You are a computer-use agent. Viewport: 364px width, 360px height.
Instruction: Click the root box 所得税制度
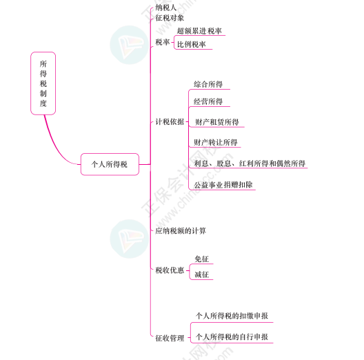click(43, 83)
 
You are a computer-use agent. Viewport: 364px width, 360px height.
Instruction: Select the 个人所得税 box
click(110, 164)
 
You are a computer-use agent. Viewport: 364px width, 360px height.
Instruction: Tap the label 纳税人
click(165, 8)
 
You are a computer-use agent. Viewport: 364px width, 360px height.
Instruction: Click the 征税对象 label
click(170, 18)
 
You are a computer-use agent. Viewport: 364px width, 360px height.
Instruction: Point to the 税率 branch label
click(163, 42)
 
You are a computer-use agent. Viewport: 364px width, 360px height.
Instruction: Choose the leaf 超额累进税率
click(199, 31)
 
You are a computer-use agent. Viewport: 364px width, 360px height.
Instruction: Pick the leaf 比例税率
click(192, 44)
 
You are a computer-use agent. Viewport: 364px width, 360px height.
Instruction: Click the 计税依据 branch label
click(170, 121)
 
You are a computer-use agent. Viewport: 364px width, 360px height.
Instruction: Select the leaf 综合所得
click(208, 84)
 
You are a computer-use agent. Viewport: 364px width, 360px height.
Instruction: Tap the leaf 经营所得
click(208, 101)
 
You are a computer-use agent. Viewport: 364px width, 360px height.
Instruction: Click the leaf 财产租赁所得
click(217, 122)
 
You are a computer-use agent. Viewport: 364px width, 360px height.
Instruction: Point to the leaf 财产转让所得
click(216, 142)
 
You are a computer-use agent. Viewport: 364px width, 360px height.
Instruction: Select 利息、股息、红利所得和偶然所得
click(250, 163)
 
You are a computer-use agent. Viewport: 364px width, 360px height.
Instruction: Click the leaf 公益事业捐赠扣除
click(223, 185)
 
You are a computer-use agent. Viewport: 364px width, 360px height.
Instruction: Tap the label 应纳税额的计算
click(181, 231)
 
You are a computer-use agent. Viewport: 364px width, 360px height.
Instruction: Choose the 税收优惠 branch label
click(170, 270)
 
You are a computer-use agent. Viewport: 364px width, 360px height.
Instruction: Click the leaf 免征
click(202, 259)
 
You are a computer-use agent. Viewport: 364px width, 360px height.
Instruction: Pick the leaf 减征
click(202, 274)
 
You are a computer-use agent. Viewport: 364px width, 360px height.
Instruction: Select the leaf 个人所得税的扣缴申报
click(232, 316)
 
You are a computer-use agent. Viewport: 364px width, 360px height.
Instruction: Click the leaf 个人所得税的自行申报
click(232, 337)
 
